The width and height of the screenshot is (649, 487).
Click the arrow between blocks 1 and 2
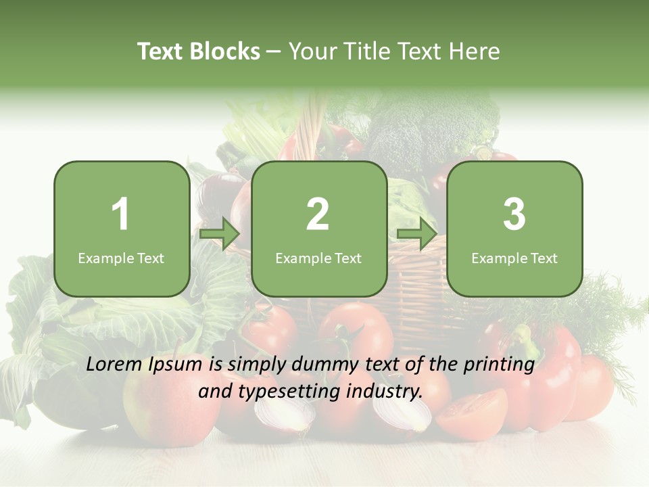pyautogui.click(x=220, y=235)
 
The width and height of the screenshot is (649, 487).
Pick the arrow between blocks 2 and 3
pyautogui.click(x=417, y=235)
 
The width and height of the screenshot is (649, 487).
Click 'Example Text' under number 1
pyautogui.click(x=121, y=258)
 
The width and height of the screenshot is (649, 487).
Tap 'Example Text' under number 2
pyautogui.click(x=318, y=258)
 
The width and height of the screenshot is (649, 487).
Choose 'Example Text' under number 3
pyautogui.click(x=514, y=258)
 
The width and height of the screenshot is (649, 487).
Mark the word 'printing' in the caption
pyautogui.click(x=499, y=365)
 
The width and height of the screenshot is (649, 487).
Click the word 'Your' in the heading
pyautogui.click(x=312, y=51)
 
